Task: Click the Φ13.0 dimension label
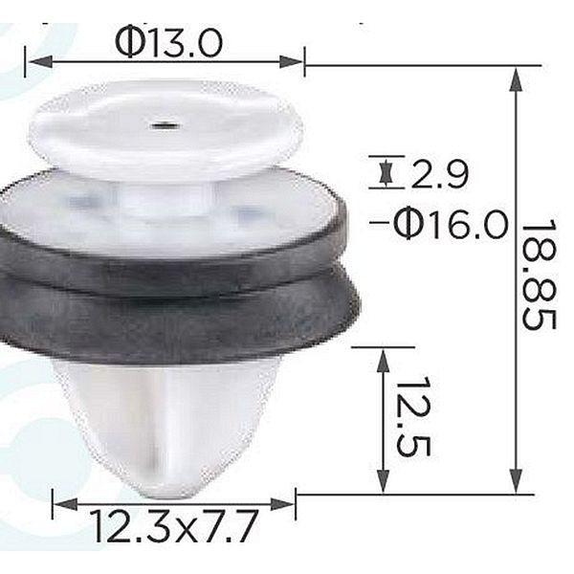(x=168, y=43)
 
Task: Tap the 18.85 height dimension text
(x=539, y=275)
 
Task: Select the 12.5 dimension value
(x=413, y=416)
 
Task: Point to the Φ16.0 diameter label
(x=451, y=222)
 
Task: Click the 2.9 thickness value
(x=440, y=174)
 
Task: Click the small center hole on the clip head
(x=166, y=125)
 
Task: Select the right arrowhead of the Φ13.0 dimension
(x=292, y=61)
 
